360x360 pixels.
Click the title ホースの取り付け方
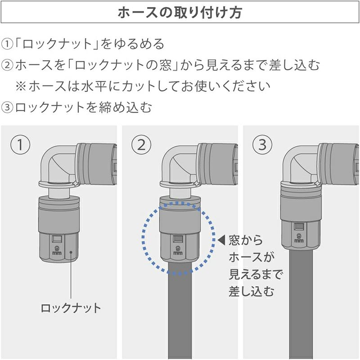(x=180, y=13)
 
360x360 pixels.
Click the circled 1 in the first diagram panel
(x=20, y=144)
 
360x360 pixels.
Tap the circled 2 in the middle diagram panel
(x=141, y=144)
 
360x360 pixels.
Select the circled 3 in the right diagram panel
(x=262, y=144)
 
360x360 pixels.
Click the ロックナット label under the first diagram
(x=71, y=308)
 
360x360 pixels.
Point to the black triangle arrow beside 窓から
(x=221, y=240)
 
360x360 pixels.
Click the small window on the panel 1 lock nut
(x=57, y=239)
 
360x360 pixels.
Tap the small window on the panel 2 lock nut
(x=178, y=239)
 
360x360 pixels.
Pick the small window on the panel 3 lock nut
(x=299, y=226)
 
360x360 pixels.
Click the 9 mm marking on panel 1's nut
(x=57, y=250)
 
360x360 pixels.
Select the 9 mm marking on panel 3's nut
(x=299, y=238)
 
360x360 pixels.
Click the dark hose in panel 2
(x=180, y=310)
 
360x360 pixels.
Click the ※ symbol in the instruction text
(x=21, y=86)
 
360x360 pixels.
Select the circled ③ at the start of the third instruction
(x=7, y=107)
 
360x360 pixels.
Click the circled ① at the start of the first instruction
(x=7, y=44)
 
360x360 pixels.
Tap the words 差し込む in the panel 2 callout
(x=252, y=292)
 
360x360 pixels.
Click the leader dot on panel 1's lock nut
(x=71, y=252)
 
